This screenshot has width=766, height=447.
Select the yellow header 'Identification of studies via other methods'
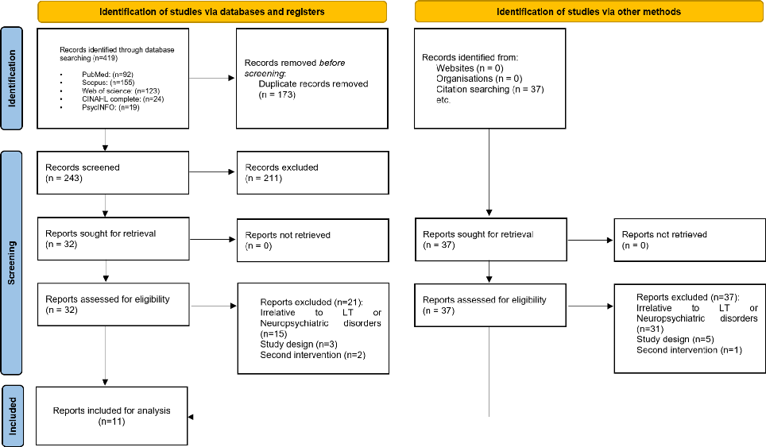(589, 12)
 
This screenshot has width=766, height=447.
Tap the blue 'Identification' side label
(13, 78)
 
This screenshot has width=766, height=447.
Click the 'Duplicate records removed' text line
(313, 83)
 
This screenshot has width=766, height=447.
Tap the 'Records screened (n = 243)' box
(111, 172)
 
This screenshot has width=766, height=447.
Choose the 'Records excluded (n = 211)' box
(311, 172)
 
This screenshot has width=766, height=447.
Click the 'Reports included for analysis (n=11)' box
(111, 416)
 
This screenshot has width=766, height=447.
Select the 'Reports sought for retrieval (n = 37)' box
(489, 240)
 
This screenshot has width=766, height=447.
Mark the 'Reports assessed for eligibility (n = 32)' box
(111, 305)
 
